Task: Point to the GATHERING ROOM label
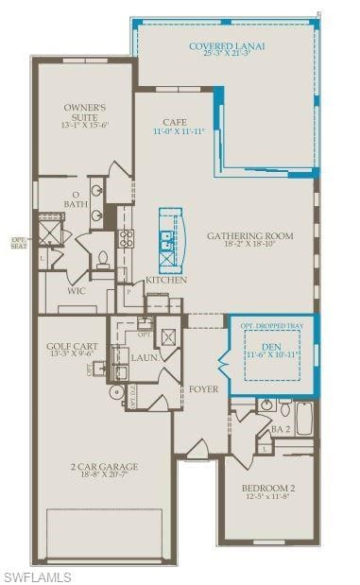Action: (x=250, y=236)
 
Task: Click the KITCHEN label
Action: (x=165, y=280)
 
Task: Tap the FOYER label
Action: (x=203, y=388)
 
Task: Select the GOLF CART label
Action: (x=72, y=346)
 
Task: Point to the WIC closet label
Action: (x=77, y=291)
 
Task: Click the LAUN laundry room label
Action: (x=144, y=357)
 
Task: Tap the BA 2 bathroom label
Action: (x=281, y=429)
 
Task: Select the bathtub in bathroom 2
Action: (x=304, y=418)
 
